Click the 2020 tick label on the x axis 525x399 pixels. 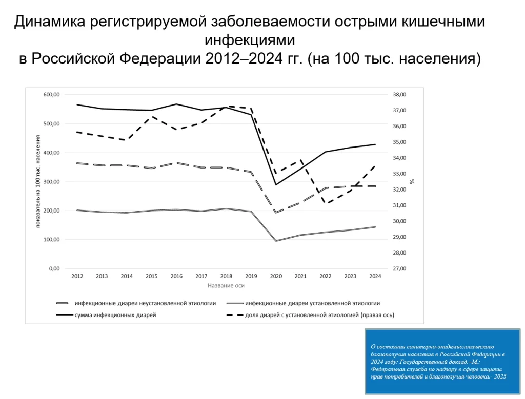(276, 276)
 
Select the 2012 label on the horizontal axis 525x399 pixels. (77, 276)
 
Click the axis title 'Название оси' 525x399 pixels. (226, 285)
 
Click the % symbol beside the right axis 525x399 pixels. (413, 181)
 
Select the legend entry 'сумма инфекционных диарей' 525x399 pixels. (115, 315)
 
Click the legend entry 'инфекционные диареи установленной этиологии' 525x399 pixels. (313, 303)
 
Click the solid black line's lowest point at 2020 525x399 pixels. (276, 184)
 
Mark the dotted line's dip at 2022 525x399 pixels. (326, 203)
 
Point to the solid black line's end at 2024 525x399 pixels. (375, 144)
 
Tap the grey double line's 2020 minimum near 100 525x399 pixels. (276, 241)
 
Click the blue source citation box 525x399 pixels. (441, 362)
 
